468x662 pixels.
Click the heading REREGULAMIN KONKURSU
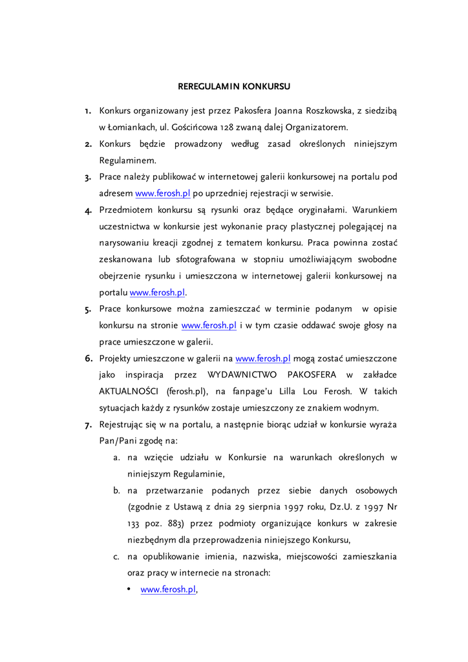(x=234, y=86)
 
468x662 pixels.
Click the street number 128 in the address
(x=234, y=127)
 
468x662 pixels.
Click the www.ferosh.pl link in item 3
(x=163, y=193)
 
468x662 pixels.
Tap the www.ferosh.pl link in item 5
(x=209, y=325)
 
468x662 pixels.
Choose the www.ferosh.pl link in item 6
(x=263, y=358)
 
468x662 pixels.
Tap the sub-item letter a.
(x=117, y=457)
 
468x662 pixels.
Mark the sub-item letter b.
(x=117, y=491)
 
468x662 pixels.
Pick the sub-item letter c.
(x=117, y=556)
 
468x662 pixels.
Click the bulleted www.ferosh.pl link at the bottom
(x=168, y=590)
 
